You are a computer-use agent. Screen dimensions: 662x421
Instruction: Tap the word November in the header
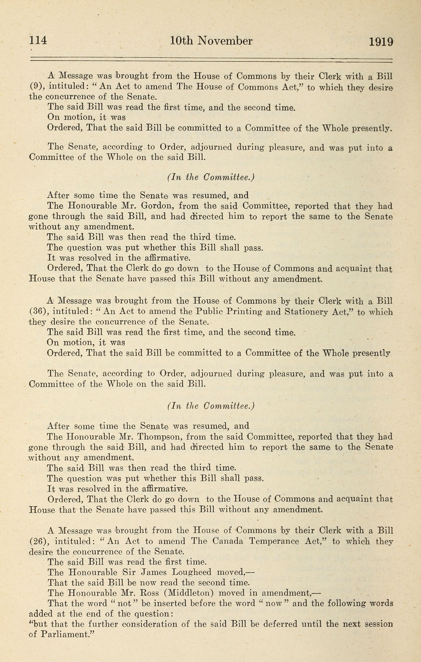(225, 41)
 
